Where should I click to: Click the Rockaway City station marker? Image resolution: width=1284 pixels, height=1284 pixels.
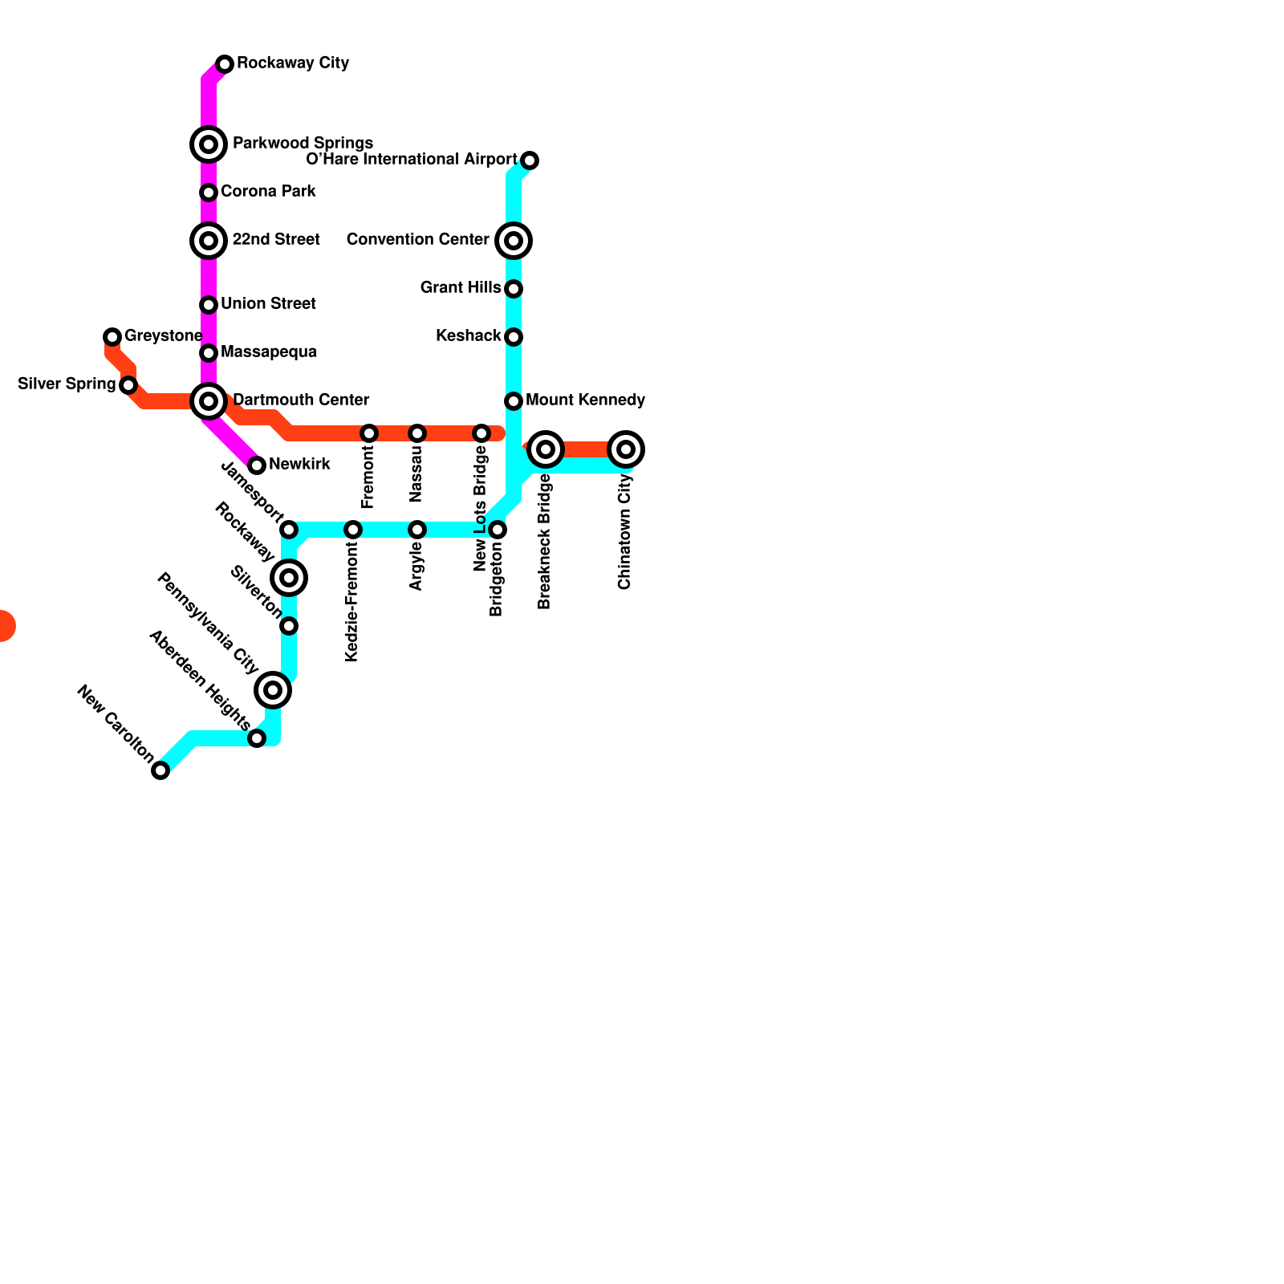click(225, 64)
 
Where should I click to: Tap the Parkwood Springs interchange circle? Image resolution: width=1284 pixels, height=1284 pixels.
click(209, 144)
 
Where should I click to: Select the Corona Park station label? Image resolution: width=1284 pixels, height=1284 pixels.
click(268, 192)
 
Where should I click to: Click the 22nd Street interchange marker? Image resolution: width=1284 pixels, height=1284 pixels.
click(209, 241)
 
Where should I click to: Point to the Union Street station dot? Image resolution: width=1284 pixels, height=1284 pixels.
click(209, 305)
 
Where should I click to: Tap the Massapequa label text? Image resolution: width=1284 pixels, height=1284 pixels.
click(268, 352)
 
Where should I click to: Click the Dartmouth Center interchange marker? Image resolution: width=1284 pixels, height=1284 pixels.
click(209, 401)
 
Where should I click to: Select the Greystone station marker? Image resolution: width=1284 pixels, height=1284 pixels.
click(112, 337)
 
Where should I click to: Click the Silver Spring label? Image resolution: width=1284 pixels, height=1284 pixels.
click(67, 384)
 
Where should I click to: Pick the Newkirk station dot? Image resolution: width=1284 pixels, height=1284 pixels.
click(257, 465)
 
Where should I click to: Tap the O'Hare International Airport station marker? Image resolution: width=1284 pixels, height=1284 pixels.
click(530, 160)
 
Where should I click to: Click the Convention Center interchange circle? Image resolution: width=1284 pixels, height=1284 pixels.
click(514, 241)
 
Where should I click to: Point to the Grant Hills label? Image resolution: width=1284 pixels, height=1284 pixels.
click(461, 288)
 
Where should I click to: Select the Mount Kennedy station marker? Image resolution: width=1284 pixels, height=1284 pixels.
click(514, 401)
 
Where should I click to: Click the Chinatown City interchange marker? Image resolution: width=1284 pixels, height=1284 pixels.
click(626, 449)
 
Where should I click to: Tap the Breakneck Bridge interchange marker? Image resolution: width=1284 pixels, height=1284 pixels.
click(546, 449)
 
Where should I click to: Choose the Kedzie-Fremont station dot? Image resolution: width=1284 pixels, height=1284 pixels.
click(353, 530)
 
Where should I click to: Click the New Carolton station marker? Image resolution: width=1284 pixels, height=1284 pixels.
click(160, 770)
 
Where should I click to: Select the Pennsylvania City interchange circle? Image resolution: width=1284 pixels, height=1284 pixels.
click(273, 690)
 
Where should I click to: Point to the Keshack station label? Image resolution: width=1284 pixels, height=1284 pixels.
click(468, 336)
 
